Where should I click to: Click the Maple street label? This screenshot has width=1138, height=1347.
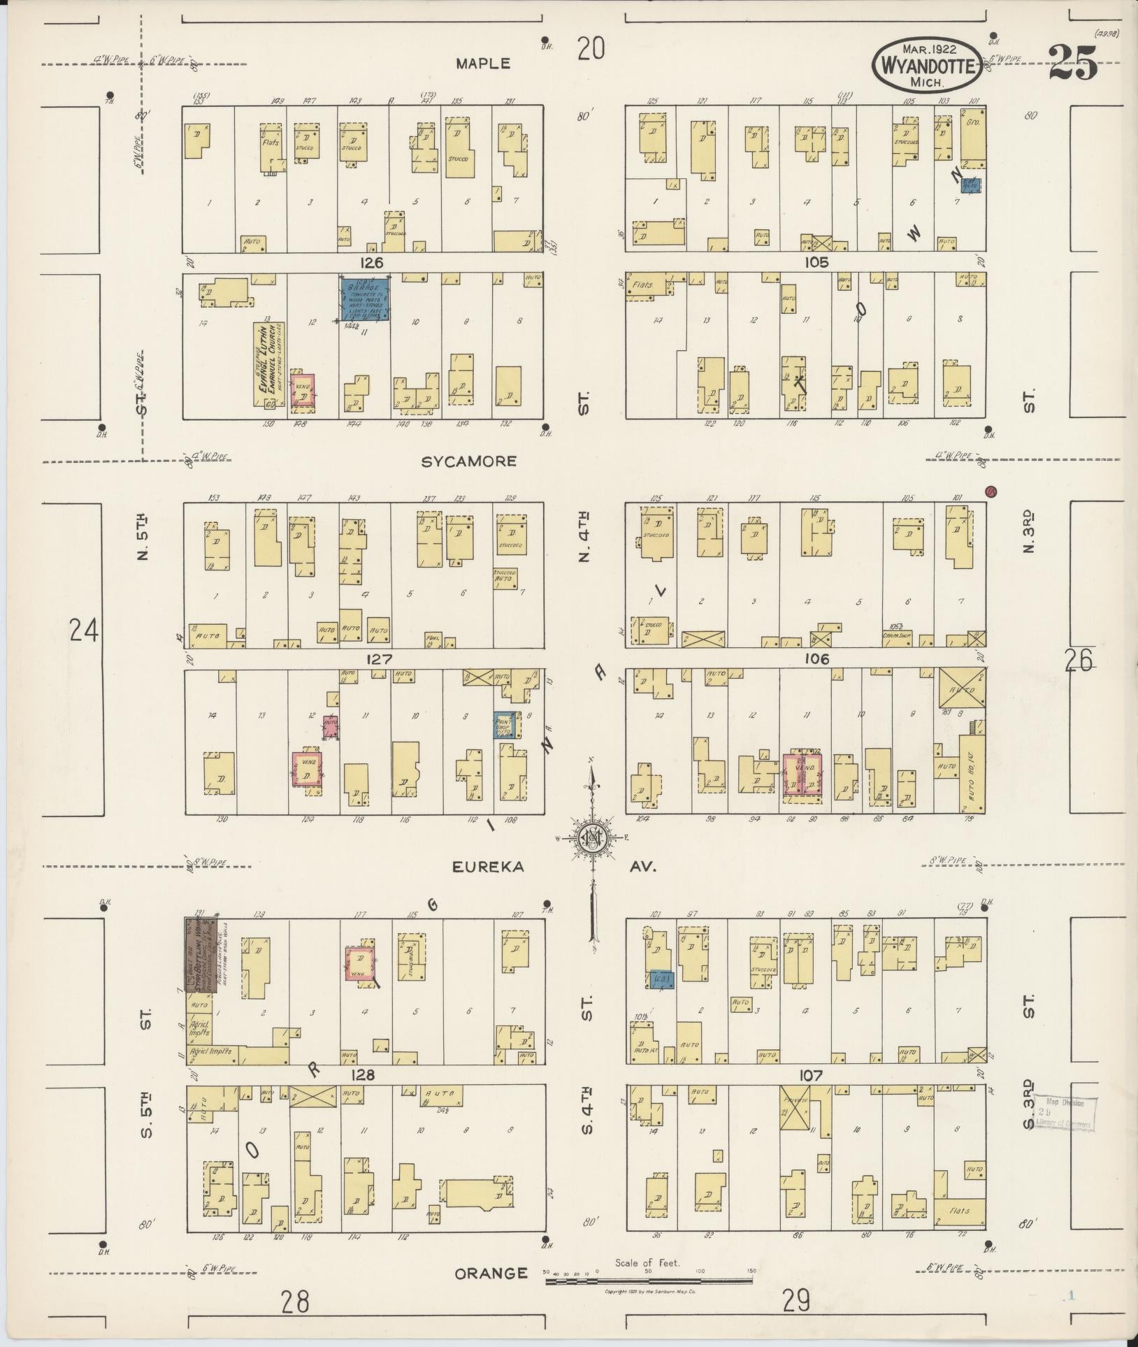coord(483,64)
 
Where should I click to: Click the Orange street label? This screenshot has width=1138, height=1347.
coord(491,1273)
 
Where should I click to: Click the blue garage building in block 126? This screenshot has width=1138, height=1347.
coord(364,299)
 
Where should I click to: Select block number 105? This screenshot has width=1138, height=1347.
coord(816,262)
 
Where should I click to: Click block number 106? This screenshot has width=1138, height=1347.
coord(816,658)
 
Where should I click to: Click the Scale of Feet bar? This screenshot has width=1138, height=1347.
coord(649,1281)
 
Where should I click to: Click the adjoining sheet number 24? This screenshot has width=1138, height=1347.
coord(84,631)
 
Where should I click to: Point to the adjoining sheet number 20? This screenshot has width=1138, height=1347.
coord(591,49)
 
